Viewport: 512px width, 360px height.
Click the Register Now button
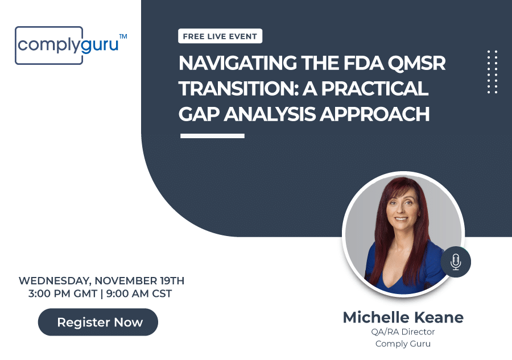pos(98,322)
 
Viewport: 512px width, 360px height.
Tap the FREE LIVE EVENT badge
pos(220,36)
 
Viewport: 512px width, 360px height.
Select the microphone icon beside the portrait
pos(455,262)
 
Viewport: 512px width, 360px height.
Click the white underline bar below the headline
pos(212,136)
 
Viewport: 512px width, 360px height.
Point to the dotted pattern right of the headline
pos(493,72)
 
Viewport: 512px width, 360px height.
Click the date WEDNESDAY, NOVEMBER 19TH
pos(101,281)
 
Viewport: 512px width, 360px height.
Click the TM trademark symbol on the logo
pos(123,36)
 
